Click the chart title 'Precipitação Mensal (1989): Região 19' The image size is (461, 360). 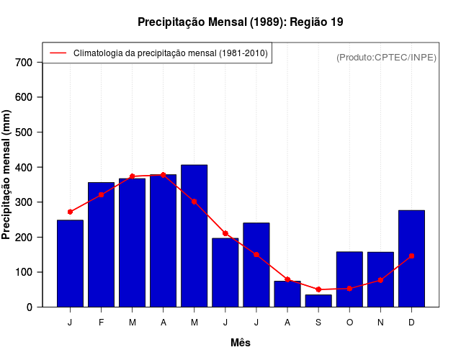pyautogui.click(x=240, y=22)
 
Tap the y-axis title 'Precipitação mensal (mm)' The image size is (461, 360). pyautogui.click(x=7, y=175)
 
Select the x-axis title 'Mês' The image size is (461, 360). pyautogui.click(x=241, y=343)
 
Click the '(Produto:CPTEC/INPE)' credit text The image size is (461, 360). pyautogui.click(x=386, y=57)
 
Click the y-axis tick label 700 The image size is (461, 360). pyautogui.click(x=24, y=63)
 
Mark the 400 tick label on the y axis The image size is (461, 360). pyautogui.click(x=24, y=167)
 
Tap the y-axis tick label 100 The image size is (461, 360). pyautogui.click(x=24, y=272)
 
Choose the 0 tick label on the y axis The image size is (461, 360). pyautogui.click(x=29, y=307)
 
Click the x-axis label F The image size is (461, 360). pyautogui.click(x=101, y=323)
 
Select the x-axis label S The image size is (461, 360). pyautogui.click(x=318, y=323)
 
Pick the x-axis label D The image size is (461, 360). pyautogui.click(x=411, y=323)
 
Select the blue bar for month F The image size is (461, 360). pyautogui.click(x=101, y=245)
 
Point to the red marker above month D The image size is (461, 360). pyautogui.click(x=411, y=256)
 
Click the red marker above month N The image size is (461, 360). pyautogui.click(x=380, y=280)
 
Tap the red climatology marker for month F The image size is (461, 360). pyautogui.click(x=101, y=194)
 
